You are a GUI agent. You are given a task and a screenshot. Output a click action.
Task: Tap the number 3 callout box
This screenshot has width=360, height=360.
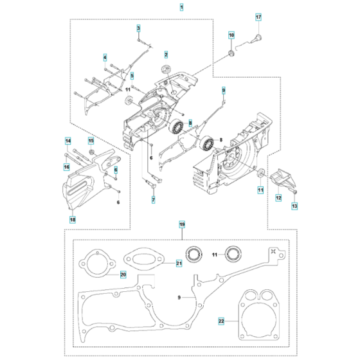click(x=138, y=29)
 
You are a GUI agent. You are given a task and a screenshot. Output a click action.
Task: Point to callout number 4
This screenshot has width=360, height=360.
click(x=105, y=58)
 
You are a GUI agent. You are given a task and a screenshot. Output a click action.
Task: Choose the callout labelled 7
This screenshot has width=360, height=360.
click(x=153, y=201)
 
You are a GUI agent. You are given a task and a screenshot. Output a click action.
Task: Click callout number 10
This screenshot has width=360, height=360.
click(x=232, y=35)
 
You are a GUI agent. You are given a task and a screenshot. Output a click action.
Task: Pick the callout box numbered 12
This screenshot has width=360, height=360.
click(x=278, y=199)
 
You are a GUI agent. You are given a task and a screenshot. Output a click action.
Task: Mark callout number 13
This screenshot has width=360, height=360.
click(x=295, y=206)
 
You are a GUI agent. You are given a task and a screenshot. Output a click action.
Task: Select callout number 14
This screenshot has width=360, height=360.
click(x=67, y=141)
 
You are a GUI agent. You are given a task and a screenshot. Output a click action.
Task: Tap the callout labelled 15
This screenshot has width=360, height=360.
click(x=91, y=141)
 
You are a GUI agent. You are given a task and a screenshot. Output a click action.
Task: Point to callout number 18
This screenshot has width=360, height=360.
click(x=72, y=220)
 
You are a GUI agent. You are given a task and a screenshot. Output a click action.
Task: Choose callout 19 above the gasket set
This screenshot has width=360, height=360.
click(x=181, y=224)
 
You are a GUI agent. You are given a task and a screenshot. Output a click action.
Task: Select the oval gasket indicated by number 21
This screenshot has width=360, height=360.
click(x=145, y=255)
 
